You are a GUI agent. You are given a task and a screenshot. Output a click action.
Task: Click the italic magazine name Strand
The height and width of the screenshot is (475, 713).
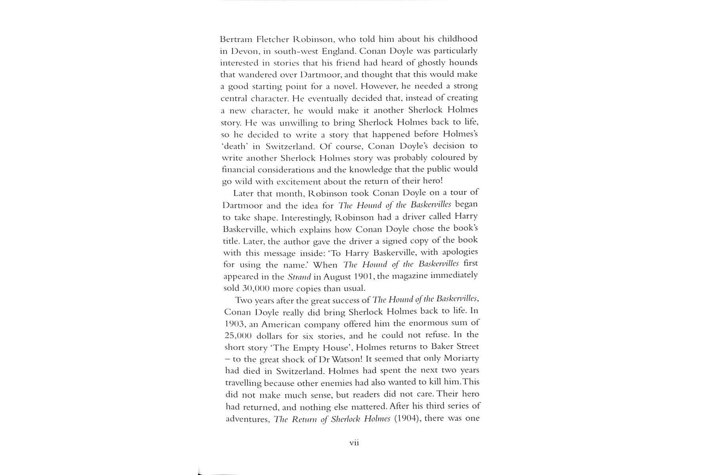click(299, 277)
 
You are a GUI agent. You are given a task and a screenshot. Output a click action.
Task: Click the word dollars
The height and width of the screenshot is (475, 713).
click(269, 336)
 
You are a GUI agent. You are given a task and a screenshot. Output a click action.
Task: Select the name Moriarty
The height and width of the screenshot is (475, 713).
click(461, 358)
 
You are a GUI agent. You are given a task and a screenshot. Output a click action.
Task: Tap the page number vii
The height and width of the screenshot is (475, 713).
click(354, 443)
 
